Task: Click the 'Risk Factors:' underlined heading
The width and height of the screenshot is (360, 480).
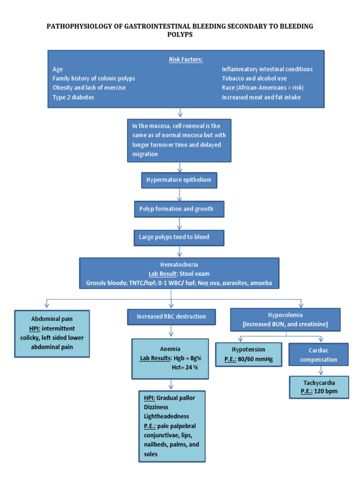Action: (x=186, y=60)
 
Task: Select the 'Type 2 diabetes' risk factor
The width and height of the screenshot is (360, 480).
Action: (x=73, y=97)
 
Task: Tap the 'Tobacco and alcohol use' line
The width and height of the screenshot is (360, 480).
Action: (x=254, y=78)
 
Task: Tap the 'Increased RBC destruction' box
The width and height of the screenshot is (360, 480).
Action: (x=171, y=316)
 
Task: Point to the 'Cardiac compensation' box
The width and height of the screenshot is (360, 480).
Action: (x=319, y=354)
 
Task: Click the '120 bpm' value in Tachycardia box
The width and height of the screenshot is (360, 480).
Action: (x=323, y=391)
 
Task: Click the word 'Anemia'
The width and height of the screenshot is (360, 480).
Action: (x=170, y=349)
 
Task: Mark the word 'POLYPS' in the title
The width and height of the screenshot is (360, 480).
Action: (x=180, y=35)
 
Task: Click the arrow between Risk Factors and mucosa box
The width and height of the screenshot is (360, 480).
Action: (x=180, y=112)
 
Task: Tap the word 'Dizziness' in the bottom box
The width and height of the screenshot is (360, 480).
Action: (x=157, y=407)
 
